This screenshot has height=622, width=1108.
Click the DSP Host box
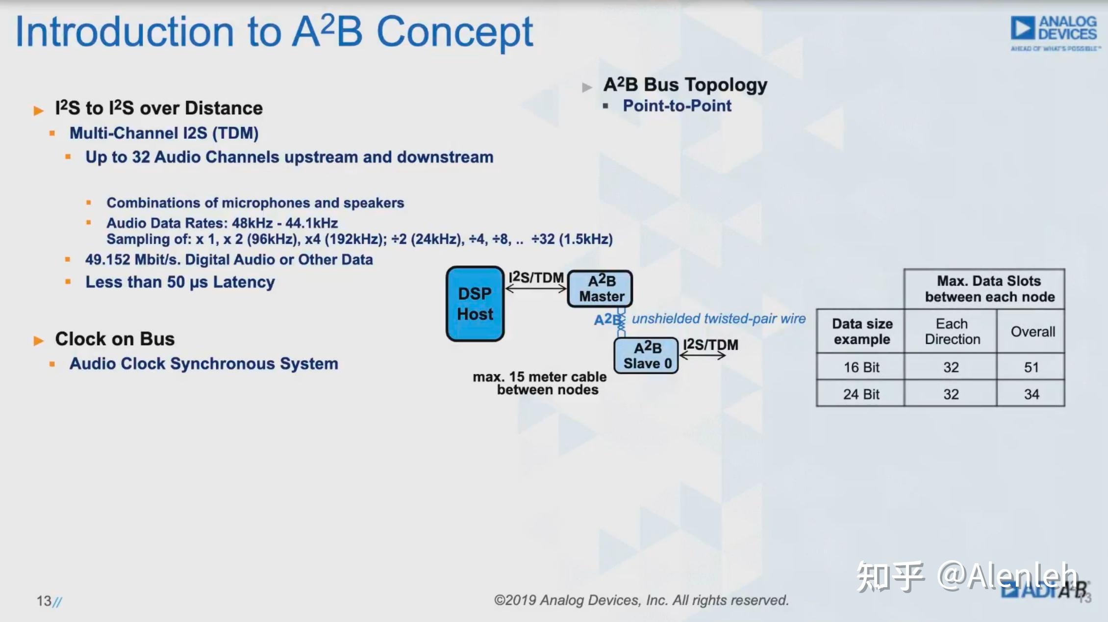(x=475, y=304)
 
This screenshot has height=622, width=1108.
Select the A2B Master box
(x=600, y=288)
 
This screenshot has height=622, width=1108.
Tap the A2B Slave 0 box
(x=646, y=356)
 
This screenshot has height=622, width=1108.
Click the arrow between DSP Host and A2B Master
(x=536, y=289)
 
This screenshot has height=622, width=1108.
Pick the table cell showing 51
(x=1031, y=367)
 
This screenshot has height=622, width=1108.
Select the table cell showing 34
(x=1031, y=394)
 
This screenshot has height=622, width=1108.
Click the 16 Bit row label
(x=861, y=367)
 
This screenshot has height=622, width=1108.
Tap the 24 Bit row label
(x=861, y=394)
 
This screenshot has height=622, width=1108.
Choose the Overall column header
(x=1032, y=332)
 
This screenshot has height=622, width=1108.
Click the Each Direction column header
(x=952, y=332)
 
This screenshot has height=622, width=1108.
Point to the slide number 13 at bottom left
(x=44, y=601)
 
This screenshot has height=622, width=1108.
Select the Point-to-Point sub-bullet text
(x=677, y=106)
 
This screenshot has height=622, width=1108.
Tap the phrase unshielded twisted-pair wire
(x=718, y=319)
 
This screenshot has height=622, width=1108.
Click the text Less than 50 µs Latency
(x=180, y=282)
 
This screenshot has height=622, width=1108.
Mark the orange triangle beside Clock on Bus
(x=38, y=340)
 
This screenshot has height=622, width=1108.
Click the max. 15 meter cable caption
(x=540, y=383)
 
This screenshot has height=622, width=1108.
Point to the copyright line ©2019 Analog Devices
(x=641, y=600)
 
